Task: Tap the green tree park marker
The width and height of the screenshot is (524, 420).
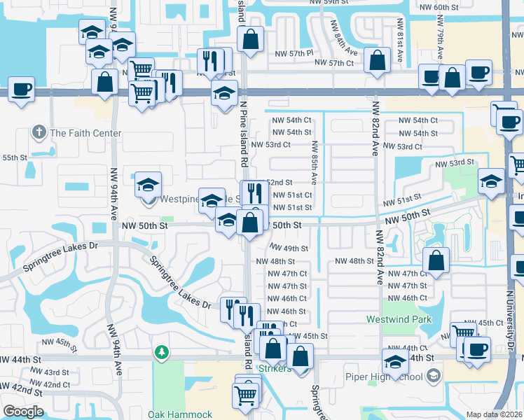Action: [162, 351]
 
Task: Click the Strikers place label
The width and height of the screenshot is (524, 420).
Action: [275, 369]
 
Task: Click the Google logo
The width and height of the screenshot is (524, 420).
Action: [23, 412]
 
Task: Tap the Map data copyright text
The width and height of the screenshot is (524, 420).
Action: [494, 414]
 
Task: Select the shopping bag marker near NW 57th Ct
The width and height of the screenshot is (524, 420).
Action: [378, 61]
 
